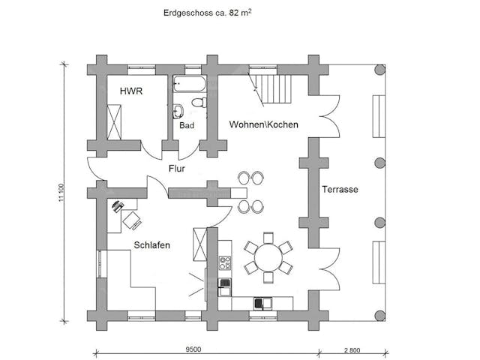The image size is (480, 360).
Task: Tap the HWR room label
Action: [131, 91]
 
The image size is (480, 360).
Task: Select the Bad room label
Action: [187, 126]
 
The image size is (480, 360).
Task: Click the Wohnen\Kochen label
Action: [264, 124]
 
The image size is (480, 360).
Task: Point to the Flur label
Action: [177, 169]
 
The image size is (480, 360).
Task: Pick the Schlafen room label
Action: [151, 245]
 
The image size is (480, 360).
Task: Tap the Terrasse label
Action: [340, 190]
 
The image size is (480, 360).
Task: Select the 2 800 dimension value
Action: [354, 350]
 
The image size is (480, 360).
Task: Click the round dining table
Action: [268, 257]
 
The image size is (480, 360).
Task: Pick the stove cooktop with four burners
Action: [223, 263]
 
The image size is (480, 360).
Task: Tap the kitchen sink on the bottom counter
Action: [262, 303]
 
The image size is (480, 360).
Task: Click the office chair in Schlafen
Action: [131, 220]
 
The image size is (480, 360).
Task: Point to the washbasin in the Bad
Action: [178, 112]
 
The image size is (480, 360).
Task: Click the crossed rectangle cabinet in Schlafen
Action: [199, 244]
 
